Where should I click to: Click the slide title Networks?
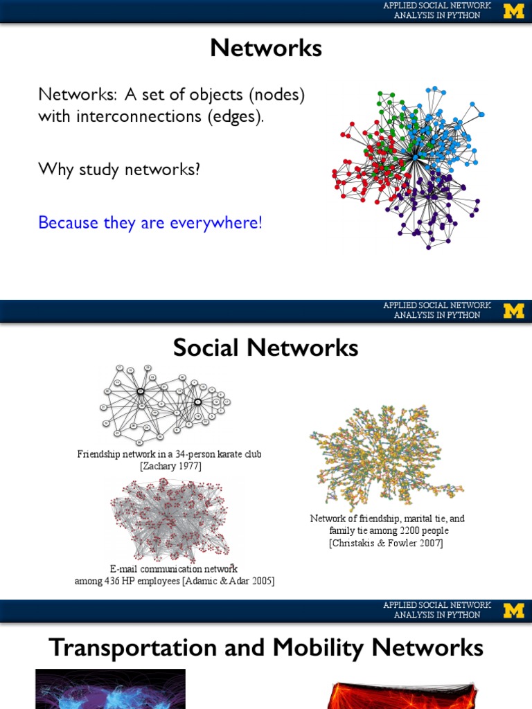pos(266,48)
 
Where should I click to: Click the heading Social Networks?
pos(266,348)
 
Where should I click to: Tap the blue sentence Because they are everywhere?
pos(150,223)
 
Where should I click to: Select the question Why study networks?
pos(119,169)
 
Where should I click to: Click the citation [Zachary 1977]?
pos(170,466)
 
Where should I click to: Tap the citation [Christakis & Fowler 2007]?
pos(386,543)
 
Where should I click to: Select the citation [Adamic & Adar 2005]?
pos(229,581)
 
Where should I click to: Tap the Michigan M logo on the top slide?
pos(513,11)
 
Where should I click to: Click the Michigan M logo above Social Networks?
pos(513,311)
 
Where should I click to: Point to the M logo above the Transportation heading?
pos(513,611)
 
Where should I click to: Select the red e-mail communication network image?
pos(170,519)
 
